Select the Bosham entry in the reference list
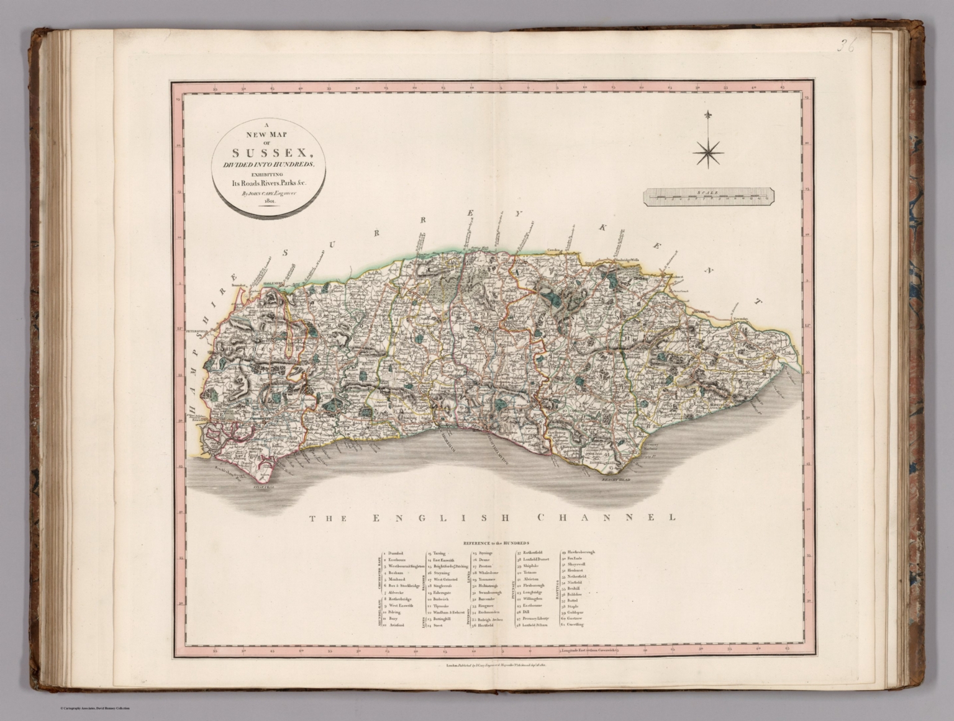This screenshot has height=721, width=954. (396, 573)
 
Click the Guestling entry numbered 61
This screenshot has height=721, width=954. (576, 624)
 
